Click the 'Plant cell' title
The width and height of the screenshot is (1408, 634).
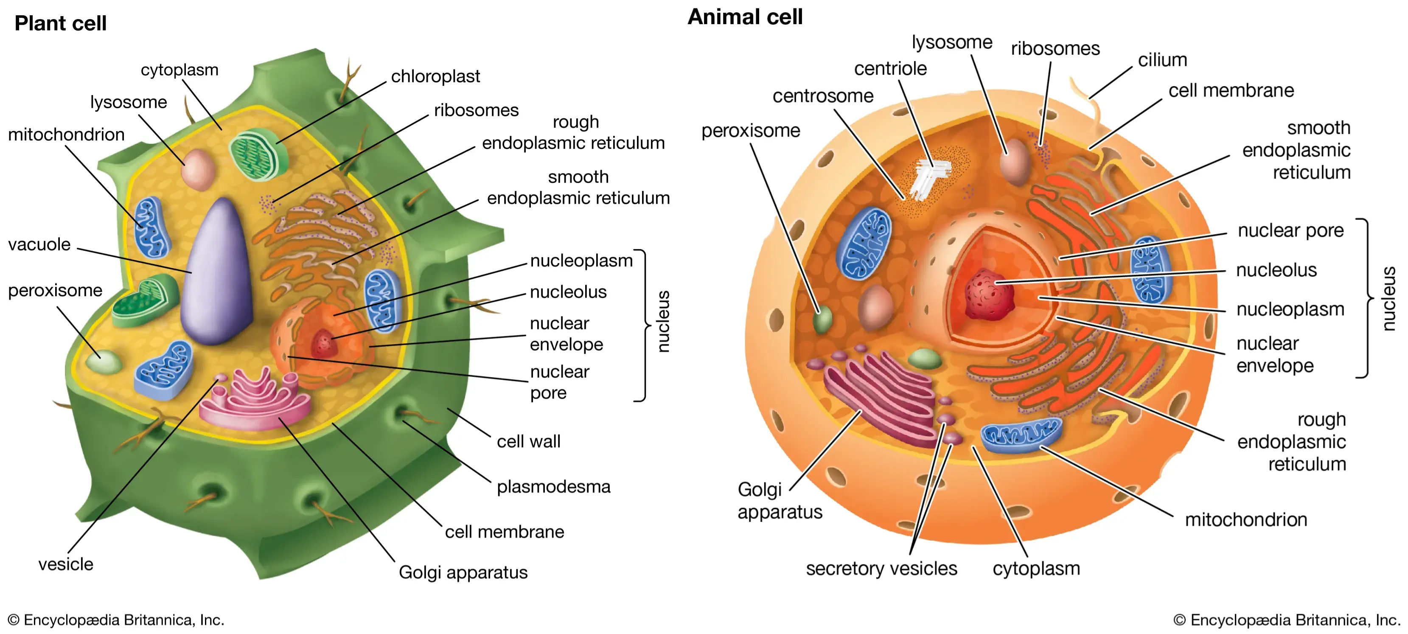pos(60,23)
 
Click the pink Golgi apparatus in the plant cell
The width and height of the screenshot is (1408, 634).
pos(257,399)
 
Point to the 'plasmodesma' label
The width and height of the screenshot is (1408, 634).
pos(553,486)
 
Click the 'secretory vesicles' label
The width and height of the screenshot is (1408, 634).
pos(881,568)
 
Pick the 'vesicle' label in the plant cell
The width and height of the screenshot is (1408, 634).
pos(66,564)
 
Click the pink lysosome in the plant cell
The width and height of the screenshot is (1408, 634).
pos(198,169)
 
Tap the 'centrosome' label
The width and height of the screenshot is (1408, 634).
pos(823,96)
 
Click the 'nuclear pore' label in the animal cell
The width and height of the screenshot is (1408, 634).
pos(1290,231)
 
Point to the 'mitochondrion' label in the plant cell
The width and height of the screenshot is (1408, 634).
pos(66,135)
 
